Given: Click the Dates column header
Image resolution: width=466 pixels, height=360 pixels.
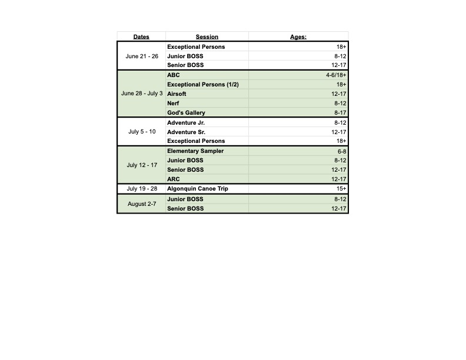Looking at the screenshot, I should [141, 37].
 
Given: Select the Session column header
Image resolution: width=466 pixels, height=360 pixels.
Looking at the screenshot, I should [207, 37].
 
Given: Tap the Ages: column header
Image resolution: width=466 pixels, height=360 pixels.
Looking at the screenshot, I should [298, 37].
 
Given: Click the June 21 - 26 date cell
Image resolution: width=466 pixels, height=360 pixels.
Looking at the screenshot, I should [142, 56].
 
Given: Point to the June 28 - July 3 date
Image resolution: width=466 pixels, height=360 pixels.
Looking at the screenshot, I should [142, 94].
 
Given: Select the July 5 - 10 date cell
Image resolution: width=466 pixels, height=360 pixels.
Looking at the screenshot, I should [142, 132].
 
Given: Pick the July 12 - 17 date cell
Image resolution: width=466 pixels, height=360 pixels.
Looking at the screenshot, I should [142, 165].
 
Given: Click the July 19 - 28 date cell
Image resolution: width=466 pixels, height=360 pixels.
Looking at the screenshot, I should [142, 189].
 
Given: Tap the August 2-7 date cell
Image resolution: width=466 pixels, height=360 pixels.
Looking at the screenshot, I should [142, 204].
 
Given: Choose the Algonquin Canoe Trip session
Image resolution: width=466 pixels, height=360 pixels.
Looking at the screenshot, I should [197, 189].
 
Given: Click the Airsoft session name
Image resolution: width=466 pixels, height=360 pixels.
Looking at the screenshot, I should [177, 94].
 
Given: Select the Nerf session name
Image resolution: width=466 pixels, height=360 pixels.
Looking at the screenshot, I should [173, 104].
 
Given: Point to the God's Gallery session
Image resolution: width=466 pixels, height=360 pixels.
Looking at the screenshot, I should [186, 113].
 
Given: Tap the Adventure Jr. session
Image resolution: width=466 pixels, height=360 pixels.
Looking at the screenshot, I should [186, 123].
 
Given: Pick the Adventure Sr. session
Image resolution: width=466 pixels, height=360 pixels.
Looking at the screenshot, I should [186, 132].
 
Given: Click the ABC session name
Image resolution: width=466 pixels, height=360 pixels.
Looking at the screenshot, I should [174, 75].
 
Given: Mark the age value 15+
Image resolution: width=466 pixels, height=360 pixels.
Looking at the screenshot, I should [341, 189].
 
